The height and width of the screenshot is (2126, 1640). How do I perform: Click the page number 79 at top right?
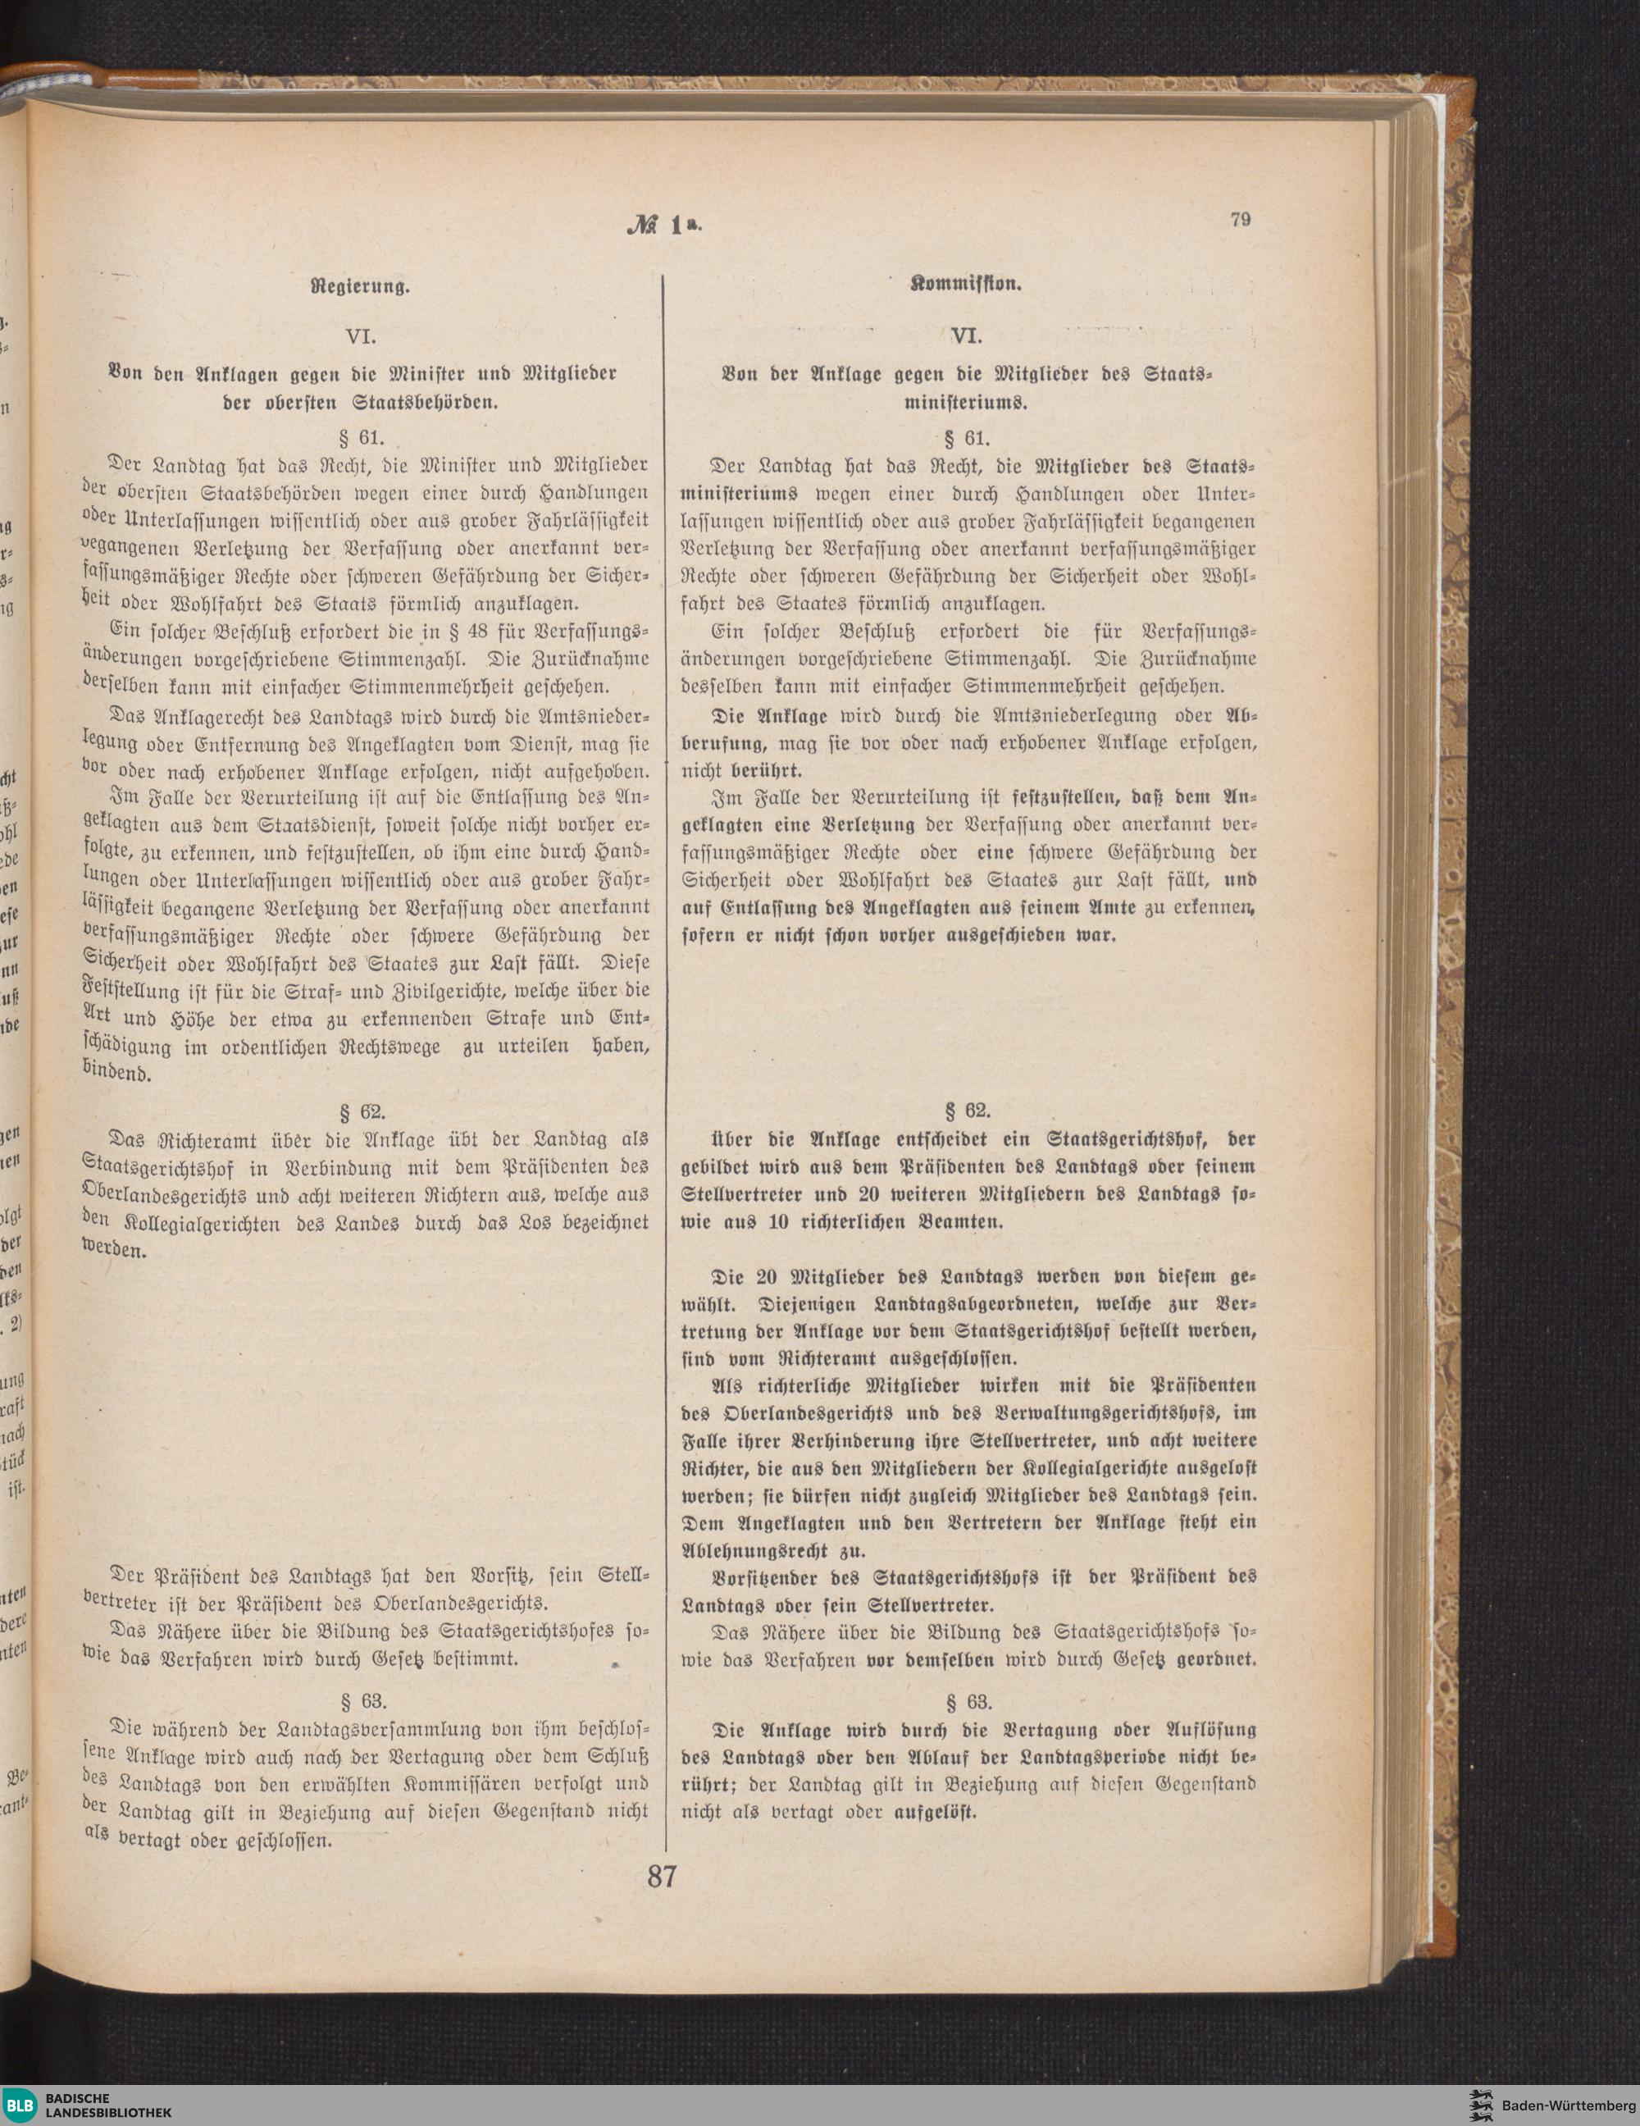[1240, 219]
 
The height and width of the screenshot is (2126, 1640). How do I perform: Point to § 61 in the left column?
[360, 436]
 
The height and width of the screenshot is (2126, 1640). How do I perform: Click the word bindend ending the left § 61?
[115, 1074]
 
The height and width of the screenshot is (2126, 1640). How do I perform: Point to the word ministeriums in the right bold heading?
[967, 400]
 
